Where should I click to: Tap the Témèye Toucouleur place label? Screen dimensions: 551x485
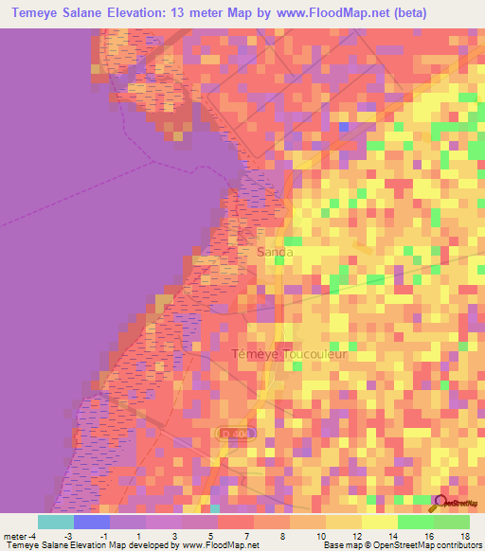coord(290,354)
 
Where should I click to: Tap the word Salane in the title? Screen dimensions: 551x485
coord(90,13)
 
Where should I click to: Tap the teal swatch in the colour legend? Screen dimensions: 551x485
coord(56,521)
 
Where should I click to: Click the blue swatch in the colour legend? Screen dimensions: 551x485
coord(92,521)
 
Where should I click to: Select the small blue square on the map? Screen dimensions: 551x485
coord(344,126)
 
